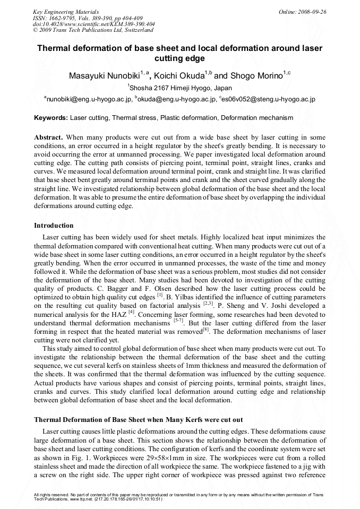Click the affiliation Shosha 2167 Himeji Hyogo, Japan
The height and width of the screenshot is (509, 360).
pos(181,88)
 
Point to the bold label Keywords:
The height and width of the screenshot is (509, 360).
pos(51,117)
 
